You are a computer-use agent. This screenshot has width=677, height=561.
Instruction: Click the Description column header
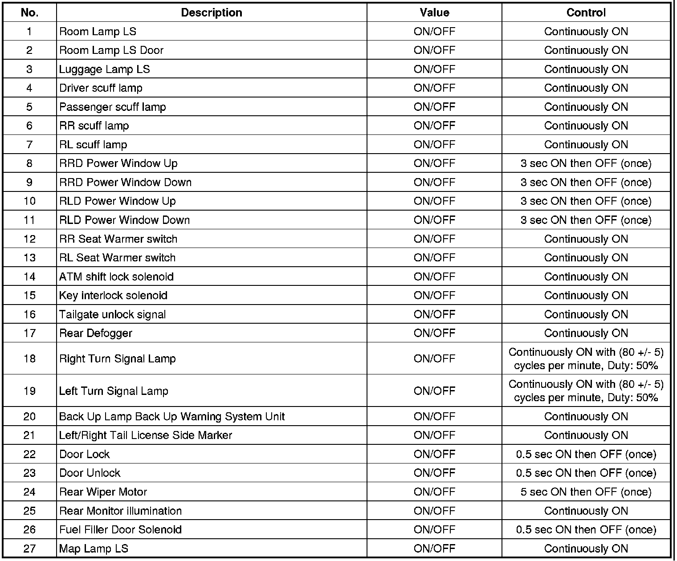pyautogui.click(x=212, y=12)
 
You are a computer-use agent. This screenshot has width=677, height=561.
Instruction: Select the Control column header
pyautogui.click(x=586, y=12)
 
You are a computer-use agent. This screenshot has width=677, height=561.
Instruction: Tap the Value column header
pyautogui.click(x=434, y=12)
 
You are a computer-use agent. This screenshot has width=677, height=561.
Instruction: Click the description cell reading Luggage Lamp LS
pyautogui.click(x=105, y=69)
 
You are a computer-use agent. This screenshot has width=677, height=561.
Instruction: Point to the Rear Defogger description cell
pyautogui.click(x=96, y=333)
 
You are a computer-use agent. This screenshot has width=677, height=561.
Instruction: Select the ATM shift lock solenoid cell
pyautogui.click(x=116, y=276)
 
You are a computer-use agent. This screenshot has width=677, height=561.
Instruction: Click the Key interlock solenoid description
pyautogui.click(x=113, y=296)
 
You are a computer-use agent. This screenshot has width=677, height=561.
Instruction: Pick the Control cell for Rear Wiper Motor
pyautogui.click(x=586, y=492)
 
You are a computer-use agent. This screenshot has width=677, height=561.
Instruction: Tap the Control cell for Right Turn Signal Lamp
pyautogui.click(x=586, y=359)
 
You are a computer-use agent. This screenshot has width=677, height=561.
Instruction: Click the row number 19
pyautogui.click(x=29, y=391)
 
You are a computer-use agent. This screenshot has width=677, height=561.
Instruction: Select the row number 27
pyautogui.click(x=29, y=549)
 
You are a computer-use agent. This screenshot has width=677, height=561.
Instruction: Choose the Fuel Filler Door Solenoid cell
pyautogui.click(x=120, y=530)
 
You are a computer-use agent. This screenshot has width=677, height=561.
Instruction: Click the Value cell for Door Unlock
pyautogui.click(x=434, y=473)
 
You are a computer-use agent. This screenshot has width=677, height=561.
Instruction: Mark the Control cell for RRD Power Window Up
pyautogui.click(x=586, y=163)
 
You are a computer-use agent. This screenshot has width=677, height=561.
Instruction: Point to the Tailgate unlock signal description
pyautogui.click(x=112, y=314)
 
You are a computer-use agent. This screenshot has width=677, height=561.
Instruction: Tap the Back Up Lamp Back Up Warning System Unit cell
pyautogui.click(x=172, y=417)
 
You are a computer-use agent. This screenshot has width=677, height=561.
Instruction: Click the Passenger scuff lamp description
pyautogui.click(x=112, y=107)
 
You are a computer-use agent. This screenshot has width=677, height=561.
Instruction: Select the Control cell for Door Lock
pyautogui.click(x=586, y=454)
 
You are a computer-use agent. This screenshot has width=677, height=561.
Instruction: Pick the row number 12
pyautogui.click(x=29, y=239)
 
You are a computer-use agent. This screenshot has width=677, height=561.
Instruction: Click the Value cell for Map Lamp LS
pyautogui.click(x=434, y=549)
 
